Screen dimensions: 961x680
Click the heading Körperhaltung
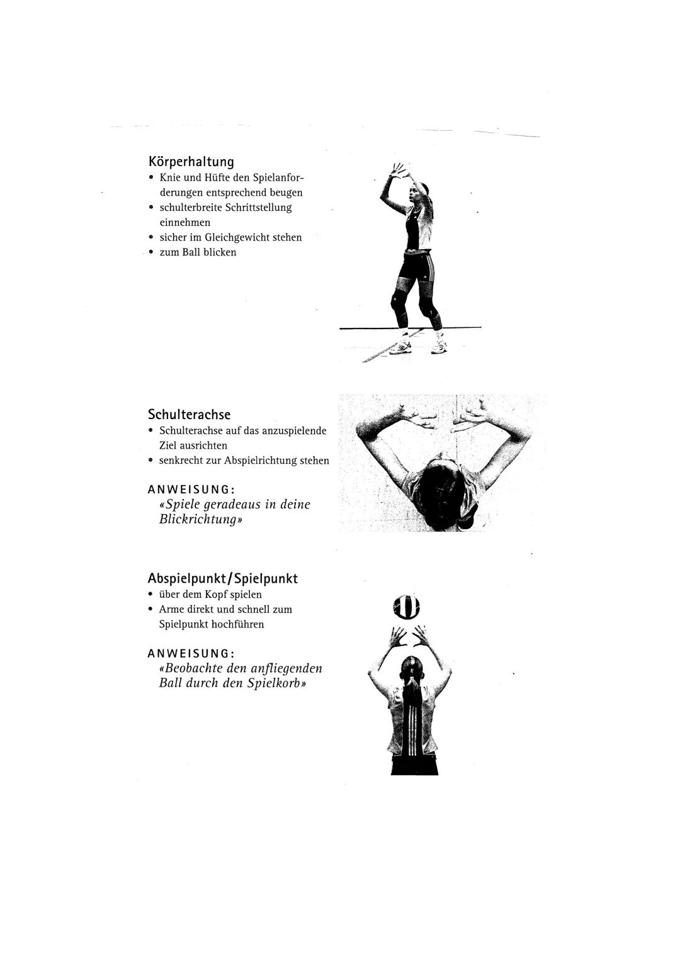tap(191, 162)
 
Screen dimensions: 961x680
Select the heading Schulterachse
tap(189, 415)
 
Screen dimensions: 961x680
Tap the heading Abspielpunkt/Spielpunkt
tap(222, 578)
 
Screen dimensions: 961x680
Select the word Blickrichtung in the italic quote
tap(198, 520)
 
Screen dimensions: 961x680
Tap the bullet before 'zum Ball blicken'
tap(151, 252)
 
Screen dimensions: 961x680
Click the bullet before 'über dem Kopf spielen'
tap(150, 595)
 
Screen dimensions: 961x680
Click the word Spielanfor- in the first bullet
tap(278, 177)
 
